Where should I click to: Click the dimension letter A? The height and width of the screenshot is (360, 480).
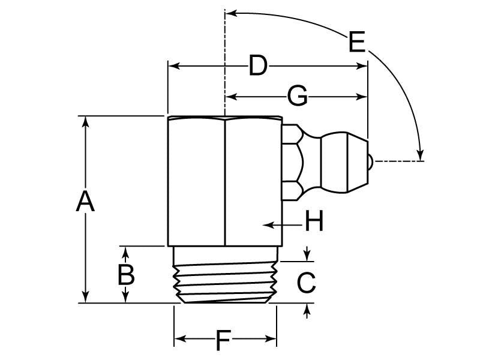pyautogui.click(x=85, y=202)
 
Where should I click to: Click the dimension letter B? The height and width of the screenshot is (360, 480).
pyautogui.click(x=125, y=275)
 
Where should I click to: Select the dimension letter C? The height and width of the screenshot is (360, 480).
pyautogui.click(x=307, y=283)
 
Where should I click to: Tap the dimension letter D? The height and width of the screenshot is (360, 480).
pyautogui.click(x=257, y=65)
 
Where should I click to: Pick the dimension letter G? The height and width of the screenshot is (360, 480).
pyautogui.click(x=298, y=96)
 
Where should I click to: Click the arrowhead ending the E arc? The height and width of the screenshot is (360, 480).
pyautogui.click(x=421, y=154)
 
